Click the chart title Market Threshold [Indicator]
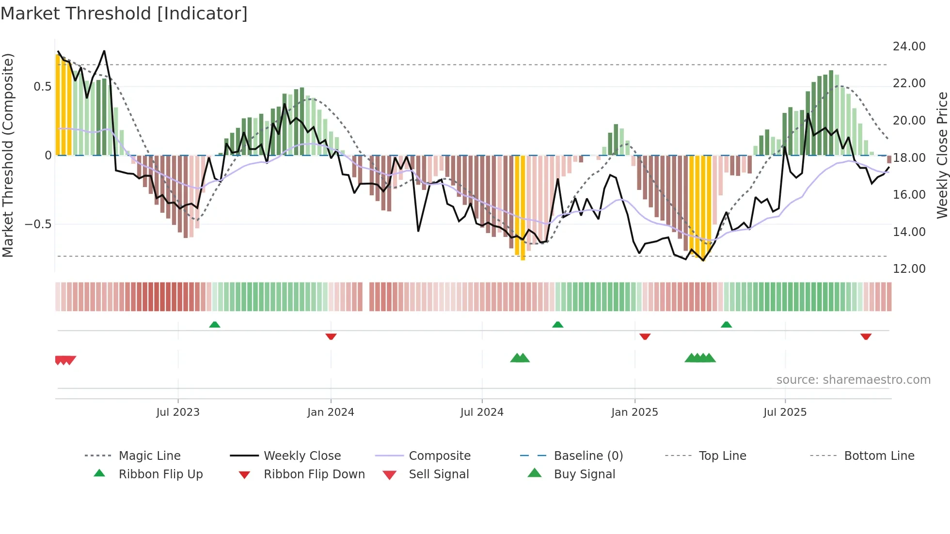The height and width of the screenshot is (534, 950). [x=124, y=14]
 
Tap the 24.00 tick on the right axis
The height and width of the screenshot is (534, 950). [x=909, y=47]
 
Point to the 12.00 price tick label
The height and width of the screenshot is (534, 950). [x=909, y=269]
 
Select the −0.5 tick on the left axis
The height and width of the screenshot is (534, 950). [x=38, y=224]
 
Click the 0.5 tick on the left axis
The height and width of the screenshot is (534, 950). [x=42, y=87]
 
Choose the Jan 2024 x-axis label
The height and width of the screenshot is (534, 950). [x=331, y=412]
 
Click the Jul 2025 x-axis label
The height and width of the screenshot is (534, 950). [x=785, y=412]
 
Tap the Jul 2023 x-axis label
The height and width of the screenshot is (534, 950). [x=178, y=412]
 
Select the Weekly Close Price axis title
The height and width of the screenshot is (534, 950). [x=942, y=155]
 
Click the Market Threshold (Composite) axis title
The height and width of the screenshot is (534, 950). [x=8, y=155]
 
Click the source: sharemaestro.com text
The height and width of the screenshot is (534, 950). [x=853, y=380]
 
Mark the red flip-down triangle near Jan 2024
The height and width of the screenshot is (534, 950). [x=331, y=336]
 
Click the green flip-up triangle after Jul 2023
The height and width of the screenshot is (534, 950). [x=215, y=325]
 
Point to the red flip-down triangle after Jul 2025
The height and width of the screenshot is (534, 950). [x=866, y=336]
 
